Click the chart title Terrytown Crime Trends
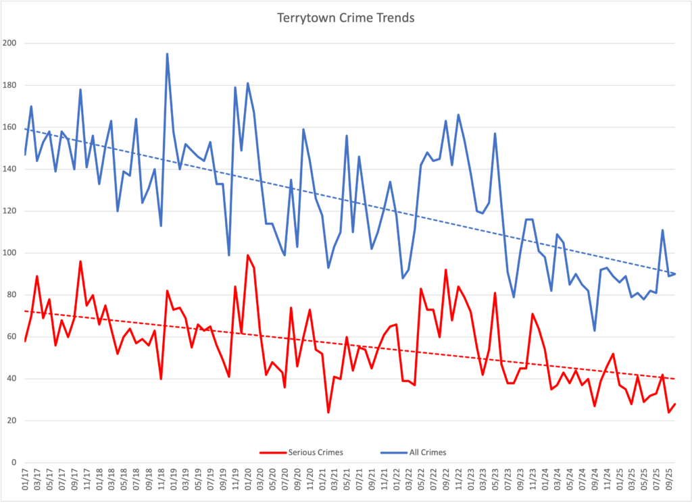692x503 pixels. coord(345,18)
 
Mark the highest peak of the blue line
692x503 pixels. coord(167,54)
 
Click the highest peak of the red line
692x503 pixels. coord(248,255)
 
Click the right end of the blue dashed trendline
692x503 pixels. coord(675,273)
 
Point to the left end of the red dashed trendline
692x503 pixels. coord(25,311)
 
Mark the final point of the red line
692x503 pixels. coord(675,404)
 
